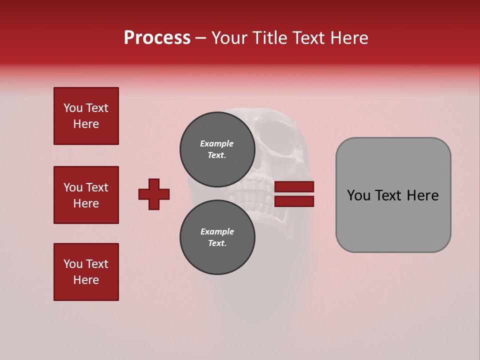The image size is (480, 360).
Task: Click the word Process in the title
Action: [157, 38]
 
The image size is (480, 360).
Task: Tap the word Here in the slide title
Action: [348, 38]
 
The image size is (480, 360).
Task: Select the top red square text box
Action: [86, 116]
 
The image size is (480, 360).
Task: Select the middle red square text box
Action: [86, 195]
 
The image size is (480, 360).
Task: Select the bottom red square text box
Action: [86, 272]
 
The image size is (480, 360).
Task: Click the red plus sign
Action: [154, 194]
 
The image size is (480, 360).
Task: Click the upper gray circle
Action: [217, 149]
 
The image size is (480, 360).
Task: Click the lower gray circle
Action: [217, 237]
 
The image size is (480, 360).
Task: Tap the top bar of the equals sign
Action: [294, 187]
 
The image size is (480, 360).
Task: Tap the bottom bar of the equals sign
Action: [294, 201]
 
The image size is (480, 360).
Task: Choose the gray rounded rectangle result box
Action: [393, 195]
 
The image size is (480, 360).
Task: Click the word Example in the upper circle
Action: [217, 143]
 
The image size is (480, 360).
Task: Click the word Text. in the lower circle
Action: [217, 243]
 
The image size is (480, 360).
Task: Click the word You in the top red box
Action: [73, 108]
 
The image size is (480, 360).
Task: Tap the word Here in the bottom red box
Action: [86, 280]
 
